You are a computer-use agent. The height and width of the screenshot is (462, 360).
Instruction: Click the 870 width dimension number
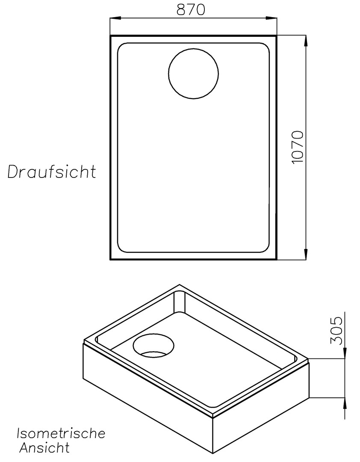[191, 9]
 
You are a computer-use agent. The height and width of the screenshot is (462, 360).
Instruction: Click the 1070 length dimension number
[297, 147]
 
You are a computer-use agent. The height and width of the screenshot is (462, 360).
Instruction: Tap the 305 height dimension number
[337, 330]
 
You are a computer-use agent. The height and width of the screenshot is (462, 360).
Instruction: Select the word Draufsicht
[52, 172]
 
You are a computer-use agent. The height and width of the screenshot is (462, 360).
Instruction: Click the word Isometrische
[61, 433]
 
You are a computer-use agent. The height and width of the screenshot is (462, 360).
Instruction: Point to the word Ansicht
[44, 448]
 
